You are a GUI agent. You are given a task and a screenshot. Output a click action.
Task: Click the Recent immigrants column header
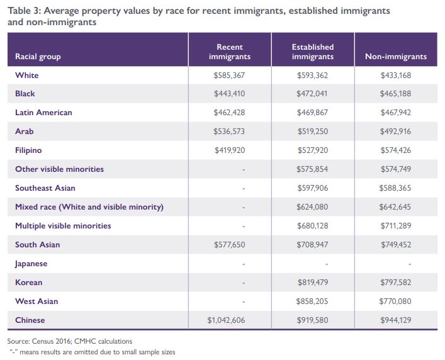[x=230, y=52]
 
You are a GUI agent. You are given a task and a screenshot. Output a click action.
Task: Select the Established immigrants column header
[x=313, y=52]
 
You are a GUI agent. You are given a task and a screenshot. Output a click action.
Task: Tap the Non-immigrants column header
[x=396, y=57]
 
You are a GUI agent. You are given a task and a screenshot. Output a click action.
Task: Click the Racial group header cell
[x=38, y=57]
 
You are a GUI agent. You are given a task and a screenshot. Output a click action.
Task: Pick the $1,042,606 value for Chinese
[x=230, y=320]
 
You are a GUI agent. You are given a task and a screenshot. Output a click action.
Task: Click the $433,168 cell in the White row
[x=396, y=75]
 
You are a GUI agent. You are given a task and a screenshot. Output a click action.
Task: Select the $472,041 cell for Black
[x=313, y=94]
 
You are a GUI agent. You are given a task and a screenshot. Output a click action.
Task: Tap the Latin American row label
[x=43, y=113]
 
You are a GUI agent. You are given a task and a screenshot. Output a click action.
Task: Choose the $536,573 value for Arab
[x=230, y=132]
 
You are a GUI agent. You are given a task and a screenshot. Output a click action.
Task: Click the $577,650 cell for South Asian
[x=230, y=245]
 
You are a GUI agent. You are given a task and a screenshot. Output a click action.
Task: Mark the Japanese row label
[x=31, y=264]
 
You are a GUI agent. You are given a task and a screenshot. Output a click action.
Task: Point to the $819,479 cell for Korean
[x=313, y=283]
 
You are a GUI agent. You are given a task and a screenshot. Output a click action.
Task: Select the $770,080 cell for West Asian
[x=396, y=301]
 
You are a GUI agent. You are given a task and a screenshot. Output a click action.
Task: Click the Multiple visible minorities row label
[x=63, y=226]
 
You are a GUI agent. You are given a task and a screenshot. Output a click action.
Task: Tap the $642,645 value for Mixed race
[x=396, y=207]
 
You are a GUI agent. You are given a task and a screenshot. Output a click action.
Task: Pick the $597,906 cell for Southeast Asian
[x=313, y=188]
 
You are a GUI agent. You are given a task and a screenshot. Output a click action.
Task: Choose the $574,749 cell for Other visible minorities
[x=396, y=169]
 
